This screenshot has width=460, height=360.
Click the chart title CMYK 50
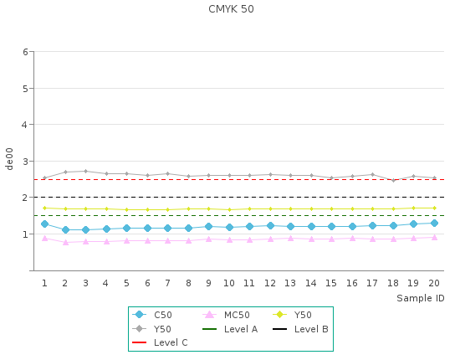(x=231, y=9)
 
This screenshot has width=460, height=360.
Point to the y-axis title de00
(x=9, y=159)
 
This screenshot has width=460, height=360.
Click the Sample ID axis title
(x=421, y=298)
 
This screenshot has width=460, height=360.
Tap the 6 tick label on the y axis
(x=25, y=52)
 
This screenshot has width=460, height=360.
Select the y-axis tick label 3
(x=25, y=162)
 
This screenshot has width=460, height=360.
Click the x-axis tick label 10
(x=229, y=283)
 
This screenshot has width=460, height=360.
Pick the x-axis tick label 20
(x=434, y=283)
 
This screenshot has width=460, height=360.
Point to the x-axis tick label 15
(x=331, y=283)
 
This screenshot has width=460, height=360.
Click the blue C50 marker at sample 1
(x=44, y=224)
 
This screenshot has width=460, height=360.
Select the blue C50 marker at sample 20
(x=434, y=224)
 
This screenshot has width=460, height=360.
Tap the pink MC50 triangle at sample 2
(x=65, y=242)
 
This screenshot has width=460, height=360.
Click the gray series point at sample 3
(x=85, y=171)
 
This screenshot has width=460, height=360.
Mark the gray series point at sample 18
(x=393, y=180)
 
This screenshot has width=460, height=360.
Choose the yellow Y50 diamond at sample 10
(x=229, y=209)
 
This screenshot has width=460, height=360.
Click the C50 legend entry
(x=152, y=315)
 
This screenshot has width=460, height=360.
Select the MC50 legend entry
(x=226, y=315)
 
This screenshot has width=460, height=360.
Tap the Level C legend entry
(x=160, y=342)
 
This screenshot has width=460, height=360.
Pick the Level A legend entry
(x=230, y=329)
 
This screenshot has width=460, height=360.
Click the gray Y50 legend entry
(x=151, y=329)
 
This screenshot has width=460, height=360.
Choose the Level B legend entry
(x=300, y=329)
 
